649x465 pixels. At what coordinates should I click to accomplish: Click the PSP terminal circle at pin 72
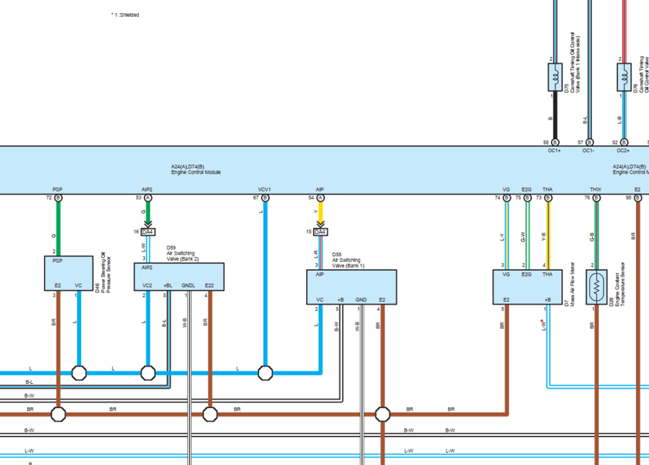click(x=58, y=197)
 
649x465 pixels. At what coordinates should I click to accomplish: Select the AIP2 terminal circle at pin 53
click(x=148, y=197)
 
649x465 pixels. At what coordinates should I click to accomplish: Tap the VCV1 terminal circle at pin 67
click(x=265, y=197)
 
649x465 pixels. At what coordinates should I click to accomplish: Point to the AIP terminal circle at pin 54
click(x=320, y=197)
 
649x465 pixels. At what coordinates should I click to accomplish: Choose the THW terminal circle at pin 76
click(x=596, y=197)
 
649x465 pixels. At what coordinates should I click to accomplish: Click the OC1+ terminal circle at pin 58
click(x=555, y=142)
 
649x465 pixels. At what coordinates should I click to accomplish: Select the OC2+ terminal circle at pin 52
click(x=624, y=142)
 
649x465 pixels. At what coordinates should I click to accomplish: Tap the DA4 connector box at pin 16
click(x=148, y=232)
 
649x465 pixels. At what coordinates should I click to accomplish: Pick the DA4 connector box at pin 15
click(x=320, y=232)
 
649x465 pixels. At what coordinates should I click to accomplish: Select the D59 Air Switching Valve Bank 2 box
click(x=178, y=277)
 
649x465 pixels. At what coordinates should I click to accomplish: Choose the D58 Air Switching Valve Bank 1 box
click(x=351, y=287)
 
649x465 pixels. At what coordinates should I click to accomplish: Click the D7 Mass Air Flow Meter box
click(x=526, y=287)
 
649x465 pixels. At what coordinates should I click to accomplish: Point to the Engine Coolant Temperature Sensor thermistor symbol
click(x=596, y=287)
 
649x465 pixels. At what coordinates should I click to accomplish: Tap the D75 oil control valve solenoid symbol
click(x=555, y=77)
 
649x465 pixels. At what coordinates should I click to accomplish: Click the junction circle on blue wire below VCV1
click(x=265, y=373)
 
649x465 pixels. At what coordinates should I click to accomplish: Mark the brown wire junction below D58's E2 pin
click(x=382, y=414)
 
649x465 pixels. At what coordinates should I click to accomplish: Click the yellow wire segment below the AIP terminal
click(x=320, y=213)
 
